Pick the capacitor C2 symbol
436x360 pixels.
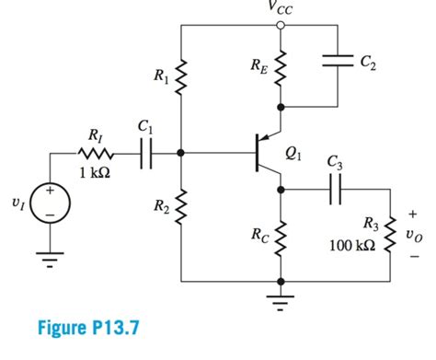[339, 63]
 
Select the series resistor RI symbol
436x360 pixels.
[94, 155]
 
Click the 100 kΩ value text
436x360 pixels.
[350, 247]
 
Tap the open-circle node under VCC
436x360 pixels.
[281, 26]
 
